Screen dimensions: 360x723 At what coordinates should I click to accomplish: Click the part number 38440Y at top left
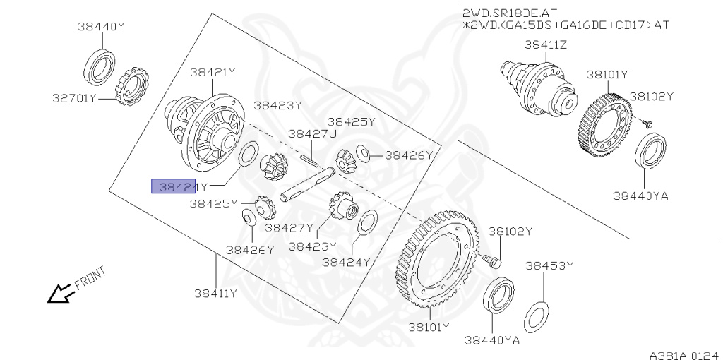coord(101,27)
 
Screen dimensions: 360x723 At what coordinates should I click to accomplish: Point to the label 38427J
coord(312,133)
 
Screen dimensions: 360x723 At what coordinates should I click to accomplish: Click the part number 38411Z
coord(545,44)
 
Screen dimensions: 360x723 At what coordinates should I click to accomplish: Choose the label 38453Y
coord(549,266)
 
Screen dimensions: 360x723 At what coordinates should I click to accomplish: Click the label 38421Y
coord(212,72)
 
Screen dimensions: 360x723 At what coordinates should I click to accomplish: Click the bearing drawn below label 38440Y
coord(100,66)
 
